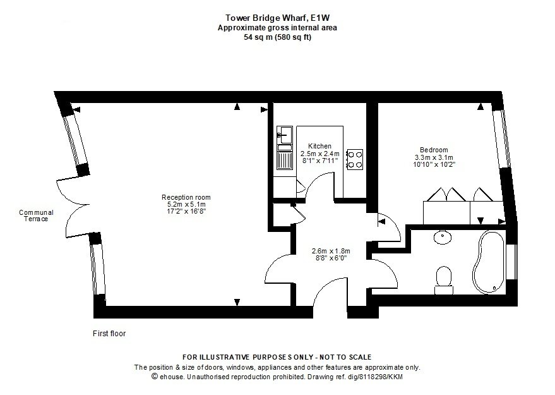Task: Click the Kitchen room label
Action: [x=319, y=146]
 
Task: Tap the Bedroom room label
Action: [x=434, y=150]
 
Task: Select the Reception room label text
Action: [x=186, y=197]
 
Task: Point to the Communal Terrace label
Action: [x=36, y=216]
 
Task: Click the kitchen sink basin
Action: [x=285, y=135]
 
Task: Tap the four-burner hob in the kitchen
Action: [x=355, y=159]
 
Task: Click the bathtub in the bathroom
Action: [x=489, y=262]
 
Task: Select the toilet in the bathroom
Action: [x=444, y=280]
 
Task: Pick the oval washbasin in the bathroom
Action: [x=443, y=238]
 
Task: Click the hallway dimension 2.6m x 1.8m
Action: [x=331, y=251]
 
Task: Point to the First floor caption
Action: [x=109, y=333]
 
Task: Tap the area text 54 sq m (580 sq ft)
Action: [x=278, y=37]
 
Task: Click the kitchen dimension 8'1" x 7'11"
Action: [x=320, y=161]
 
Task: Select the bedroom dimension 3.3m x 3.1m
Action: [x=434, y=157]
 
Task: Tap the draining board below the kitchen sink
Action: [x=285, y=159]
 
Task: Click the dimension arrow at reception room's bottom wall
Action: [x=237, y=302]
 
